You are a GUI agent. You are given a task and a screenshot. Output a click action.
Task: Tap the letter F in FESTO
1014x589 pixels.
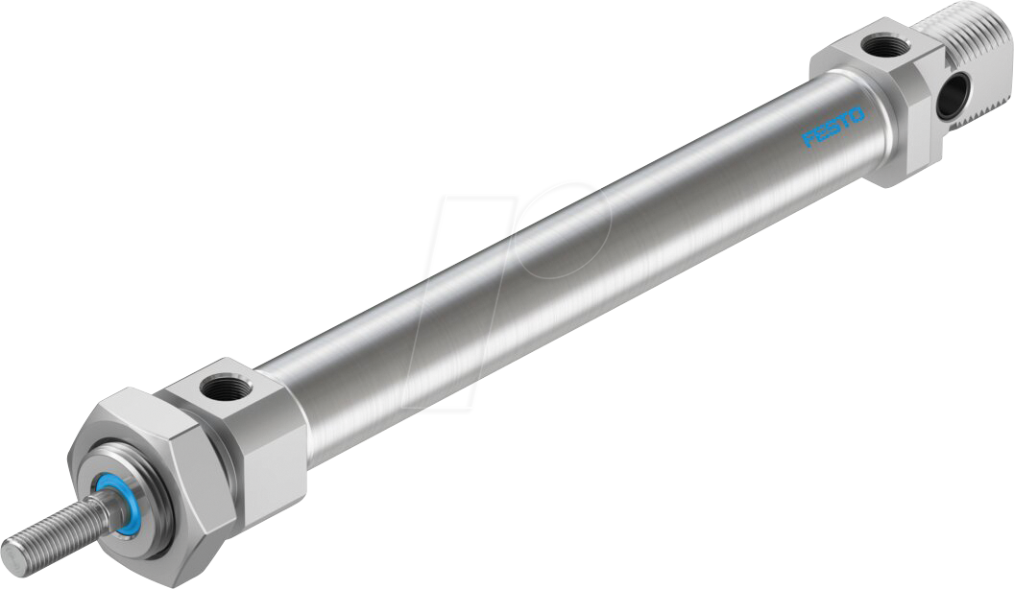tap(808, 140)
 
